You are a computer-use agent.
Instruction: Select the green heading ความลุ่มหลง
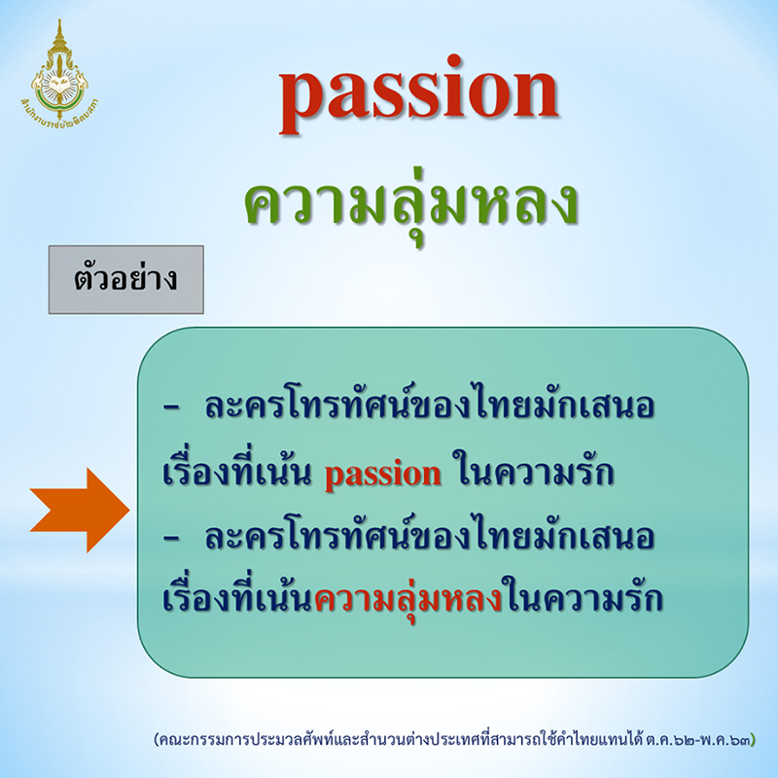pos(411,202)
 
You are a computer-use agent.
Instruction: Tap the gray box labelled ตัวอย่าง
pos(125,280)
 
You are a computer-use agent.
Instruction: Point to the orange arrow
pos(80,509)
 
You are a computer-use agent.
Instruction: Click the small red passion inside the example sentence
pos(382,475)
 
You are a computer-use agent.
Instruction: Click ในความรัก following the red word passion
pos(531,475)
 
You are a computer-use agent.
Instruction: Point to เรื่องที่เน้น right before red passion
pos(237,475)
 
